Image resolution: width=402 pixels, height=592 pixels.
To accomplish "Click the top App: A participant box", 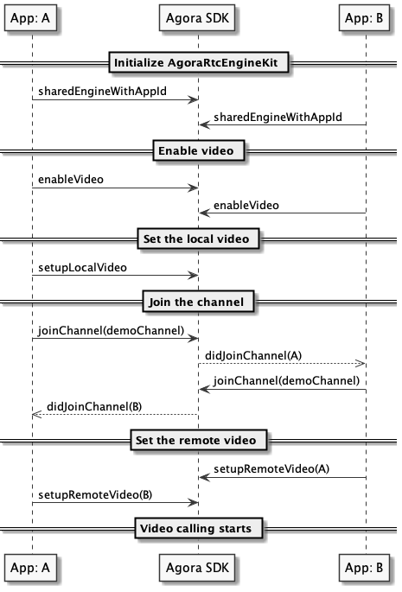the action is pos(30,18).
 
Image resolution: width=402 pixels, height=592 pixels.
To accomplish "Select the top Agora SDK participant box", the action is pos(197,18).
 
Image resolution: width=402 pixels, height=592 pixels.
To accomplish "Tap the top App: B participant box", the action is pos(364,18).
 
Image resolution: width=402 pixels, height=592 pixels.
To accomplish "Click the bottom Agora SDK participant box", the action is pos(197,568).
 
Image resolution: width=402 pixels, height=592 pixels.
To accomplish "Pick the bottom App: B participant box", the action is pos(364,568).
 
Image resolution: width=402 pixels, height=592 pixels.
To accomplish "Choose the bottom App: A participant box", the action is pos(30,568).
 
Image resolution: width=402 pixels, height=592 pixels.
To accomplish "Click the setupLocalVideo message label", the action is pos(82,267).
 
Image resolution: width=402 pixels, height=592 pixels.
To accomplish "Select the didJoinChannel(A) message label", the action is pos(253,356).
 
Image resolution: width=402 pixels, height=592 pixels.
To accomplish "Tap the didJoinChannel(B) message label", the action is pos(94,407).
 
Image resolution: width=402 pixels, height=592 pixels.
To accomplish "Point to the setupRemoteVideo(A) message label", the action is pos(271,469).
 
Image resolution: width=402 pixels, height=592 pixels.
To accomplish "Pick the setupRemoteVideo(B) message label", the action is pos(95,495).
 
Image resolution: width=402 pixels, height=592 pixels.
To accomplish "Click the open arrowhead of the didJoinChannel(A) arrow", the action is pos(361,364).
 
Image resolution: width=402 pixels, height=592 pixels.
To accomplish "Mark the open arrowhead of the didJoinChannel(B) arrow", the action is pos(36,415).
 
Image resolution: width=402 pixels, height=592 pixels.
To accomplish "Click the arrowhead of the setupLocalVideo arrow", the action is pos(194,276).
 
